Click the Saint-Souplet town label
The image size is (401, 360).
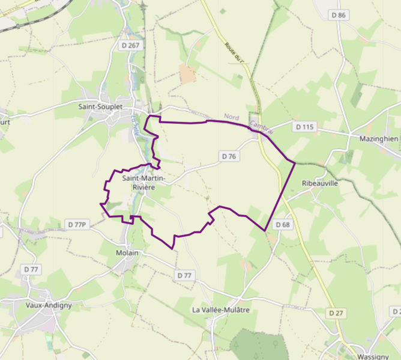(100, 106)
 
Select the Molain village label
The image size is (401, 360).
(127, 253)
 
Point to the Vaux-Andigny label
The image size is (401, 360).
(49, 305)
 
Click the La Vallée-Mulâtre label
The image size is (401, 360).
(220, 310)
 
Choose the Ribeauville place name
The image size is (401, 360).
(320, 183)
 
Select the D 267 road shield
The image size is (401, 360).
(130, 44)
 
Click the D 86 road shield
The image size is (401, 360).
(339, 14)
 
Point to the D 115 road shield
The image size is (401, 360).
(305, 127)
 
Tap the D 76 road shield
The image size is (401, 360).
(229, 156)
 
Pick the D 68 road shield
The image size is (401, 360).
(283, 224)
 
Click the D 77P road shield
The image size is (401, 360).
(77, 224)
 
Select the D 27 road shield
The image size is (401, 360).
(336, 313)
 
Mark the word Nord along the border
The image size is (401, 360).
(232, 117)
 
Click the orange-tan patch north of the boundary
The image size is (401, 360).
(187, 74)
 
